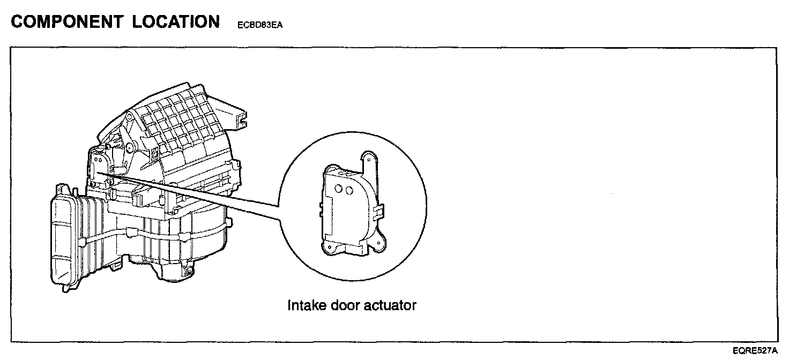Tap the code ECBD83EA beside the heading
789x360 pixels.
click(x=259, y=25)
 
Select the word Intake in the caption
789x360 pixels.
click(x=305, y=306)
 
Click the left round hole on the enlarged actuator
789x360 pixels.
click(x=339, y=189)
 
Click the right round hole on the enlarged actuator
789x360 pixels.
click(x=349, y=190)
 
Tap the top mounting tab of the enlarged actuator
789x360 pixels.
click(x=368, y=159)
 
